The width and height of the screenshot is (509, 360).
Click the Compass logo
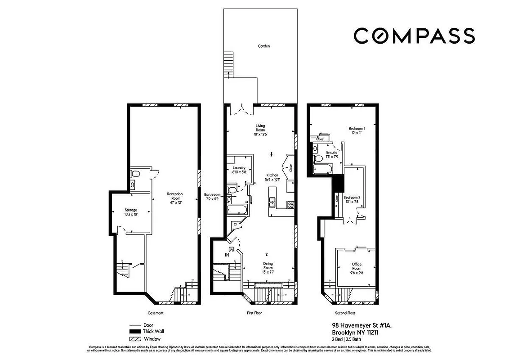point(414,36)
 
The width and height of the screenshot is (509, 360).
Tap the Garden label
point(263,46)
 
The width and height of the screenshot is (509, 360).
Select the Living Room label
point(260,130)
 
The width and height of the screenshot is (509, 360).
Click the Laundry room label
point(239,170)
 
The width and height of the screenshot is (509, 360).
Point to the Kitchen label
point(272,177)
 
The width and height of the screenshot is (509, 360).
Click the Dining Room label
point(268,266)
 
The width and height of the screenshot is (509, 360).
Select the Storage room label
point(131,212)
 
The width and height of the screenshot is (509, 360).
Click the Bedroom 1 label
point(357,130)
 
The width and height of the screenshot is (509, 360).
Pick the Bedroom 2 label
point(352,199)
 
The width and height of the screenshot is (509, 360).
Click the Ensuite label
point(332,154)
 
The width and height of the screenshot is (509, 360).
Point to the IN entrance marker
point(228,255)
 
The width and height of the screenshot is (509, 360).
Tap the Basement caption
point(156,313)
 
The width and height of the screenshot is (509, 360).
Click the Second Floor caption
point(345,313)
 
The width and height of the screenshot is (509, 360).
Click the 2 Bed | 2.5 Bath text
point(349,339)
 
